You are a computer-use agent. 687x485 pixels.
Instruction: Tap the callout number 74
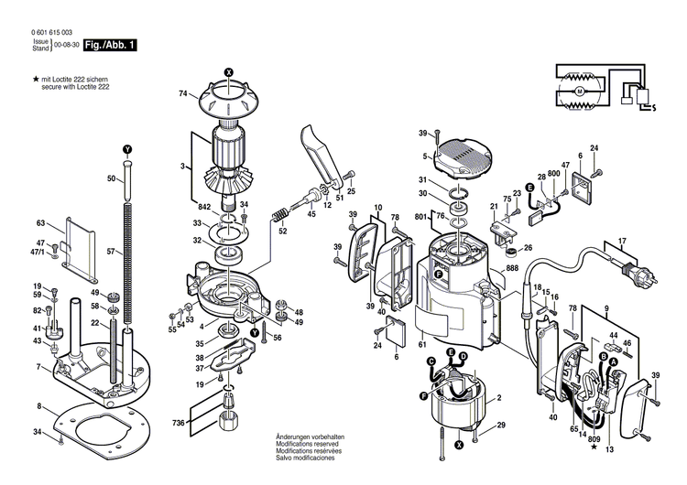pos(182,93)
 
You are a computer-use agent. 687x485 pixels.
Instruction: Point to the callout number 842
pos(203,207)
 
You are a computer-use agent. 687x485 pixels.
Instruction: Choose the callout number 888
pos(511,268)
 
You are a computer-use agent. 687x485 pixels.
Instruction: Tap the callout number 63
pos(40,222)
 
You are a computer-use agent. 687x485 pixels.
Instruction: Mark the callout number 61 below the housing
pos(422,344)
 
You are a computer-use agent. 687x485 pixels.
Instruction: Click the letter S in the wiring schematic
pos(653,107)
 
